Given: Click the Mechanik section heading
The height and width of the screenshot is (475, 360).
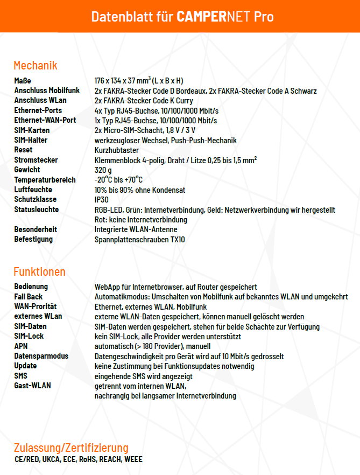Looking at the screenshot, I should pyautogui.click(x=36, y=66).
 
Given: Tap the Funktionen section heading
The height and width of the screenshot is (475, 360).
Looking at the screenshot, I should pyautogui.click(x=39, y=271).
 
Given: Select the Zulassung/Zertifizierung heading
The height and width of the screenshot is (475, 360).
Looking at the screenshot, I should pyautogui.click(x=71, y=448).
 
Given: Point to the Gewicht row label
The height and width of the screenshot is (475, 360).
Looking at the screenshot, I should pyautogui.click(x=27, y=170).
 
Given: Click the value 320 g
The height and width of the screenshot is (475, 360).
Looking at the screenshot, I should pyautogui.click(x=103, y=170).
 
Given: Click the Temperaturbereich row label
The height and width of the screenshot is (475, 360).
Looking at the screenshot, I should pyautogui.click(x=45, y=180).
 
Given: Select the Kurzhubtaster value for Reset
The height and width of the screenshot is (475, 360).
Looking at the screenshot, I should pyautogui.click(x=117, y=150).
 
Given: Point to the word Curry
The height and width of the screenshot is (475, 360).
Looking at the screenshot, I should pyautogui.click(x=183, y=101).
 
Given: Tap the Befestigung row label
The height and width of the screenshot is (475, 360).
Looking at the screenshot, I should pyautogui.click(x=33, y=239).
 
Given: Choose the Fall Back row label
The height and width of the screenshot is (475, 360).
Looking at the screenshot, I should pyautogui.click(x=29, y=297).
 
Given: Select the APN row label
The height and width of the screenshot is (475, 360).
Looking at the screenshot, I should pyautogui.click(x=20, y=346).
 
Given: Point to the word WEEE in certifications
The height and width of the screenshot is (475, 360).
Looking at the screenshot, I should pyautogui.click(x=133, y=459).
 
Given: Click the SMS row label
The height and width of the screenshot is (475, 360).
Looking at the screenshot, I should pyautogui.click(x=20, y=376).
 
